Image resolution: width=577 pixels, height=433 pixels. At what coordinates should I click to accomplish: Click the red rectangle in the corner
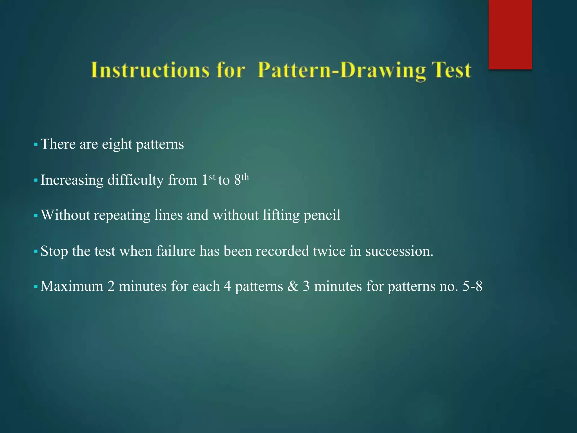coord(510,34)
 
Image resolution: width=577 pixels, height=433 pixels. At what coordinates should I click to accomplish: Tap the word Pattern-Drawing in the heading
coord(341,70)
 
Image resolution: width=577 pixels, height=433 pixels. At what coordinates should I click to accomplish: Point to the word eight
coord(117,144)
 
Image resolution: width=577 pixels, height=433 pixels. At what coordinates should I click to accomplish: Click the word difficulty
coord(136,180)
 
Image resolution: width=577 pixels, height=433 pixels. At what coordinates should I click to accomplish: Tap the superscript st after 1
coord(212,177)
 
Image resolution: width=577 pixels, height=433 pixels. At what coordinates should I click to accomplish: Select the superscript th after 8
coord(245,177)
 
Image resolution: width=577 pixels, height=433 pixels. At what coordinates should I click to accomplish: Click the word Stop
coord(54,251)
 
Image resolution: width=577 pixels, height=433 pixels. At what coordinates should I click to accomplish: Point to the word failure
coord(176,251)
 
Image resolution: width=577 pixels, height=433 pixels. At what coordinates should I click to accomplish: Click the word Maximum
coord(72,286)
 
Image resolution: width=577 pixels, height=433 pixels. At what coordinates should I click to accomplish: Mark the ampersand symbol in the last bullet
coord(293,286)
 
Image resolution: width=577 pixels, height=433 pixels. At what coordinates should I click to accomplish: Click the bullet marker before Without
coord(36,216)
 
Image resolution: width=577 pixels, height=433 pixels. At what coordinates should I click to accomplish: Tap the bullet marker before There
coord(36,145)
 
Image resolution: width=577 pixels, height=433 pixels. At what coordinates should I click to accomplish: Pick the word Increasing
coord(72,180)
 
